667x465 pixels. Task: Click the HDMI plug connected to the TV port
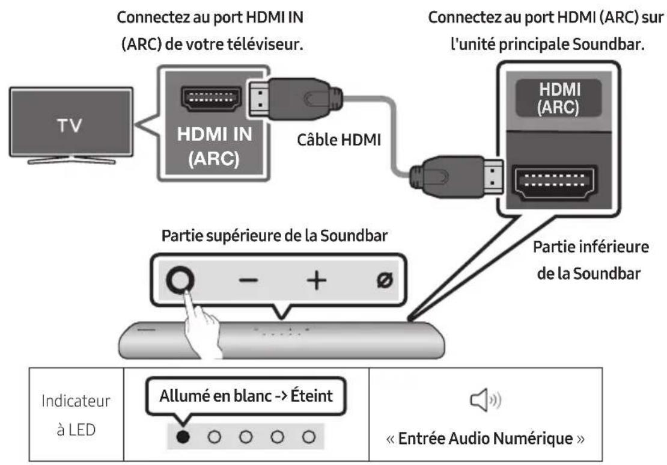coord(288,97)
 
